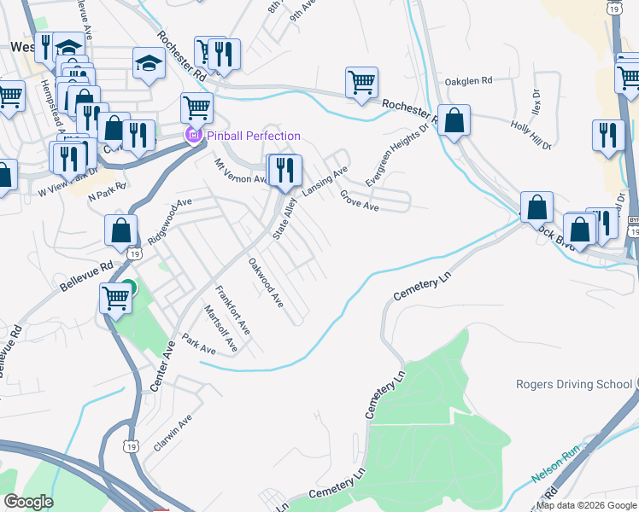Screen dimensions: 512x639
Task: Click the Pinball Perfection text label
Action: (254, 136)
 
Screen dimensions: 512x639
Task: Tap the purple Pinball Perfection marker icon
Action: (194, 136)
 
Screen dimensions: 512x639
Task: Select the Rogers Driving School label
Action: (574, 384)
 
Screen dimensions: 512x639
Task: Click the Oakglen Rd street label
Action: (469, 81)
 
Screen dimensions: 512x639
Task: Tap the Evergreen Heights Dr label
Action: (397, 155)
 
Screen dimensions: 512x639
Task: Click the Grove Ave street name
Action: (359, 201)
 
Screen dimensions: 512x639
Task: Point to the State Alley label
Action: (284, 218)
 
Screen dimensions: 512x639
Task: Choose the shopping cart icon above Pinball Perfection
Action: (196, 108)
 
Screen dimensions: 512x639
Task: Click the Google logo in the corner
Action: (28, 502)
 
